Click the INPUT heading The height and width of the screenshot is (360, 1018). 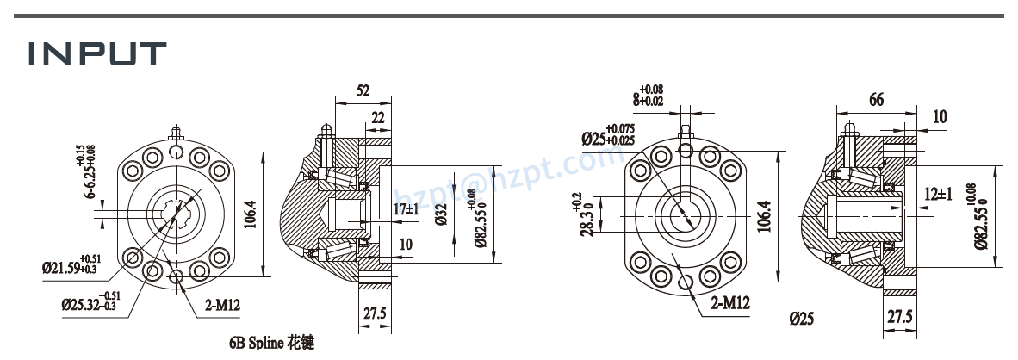coord(96,53)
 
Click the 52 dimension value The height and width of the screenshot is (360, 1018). coord(363,90)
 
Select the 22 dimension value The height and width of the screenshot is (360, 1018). coord(378,118)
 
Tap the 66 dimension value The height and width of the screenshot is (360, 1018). coord(876,99)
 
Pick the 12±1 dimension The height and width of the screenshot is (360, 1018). coord(938,194)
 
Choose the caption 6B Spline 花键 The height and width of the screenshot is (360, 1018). coord(271,343)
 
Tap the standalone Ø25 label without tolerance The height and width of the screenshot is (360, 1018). coord(802,319)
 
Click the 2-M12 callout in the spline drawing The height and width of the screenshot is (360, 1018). coord(223,303)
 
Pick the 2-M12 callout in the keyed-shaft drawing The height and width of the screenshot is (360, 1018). coord(730,303)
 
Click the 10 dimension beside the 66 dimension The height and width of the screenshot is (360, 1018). coord(940,116)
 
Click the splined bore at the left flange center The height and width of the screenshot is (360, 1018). coord(177,212)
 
